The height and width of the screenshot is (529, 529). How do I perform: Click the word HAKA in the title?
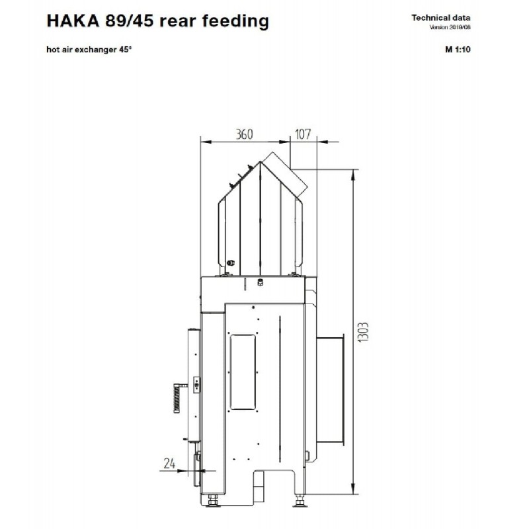[73, 21]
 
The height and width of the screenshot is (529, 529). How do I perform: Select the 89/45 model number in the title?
[129, 21]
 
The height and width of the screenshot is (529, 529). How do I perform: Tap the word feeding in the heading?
[235, 22]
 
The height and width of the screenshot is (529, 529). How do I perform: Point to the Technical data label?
[440, 18]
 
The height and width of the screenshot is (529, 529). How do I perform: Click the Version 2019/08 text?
[450, 27]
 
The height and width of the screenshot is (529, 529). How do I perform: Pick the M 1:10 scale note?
[458, 50]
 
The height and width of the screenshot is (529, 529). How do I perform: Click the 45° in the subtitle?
[125, 50]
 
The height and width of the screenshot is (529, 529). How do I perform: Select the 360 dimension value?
[244, 134]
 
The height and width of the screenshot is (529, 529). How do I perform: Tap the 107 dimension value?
[303, 134]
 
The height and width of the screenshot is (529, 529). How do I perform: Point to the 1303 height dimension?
[362, 333]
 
